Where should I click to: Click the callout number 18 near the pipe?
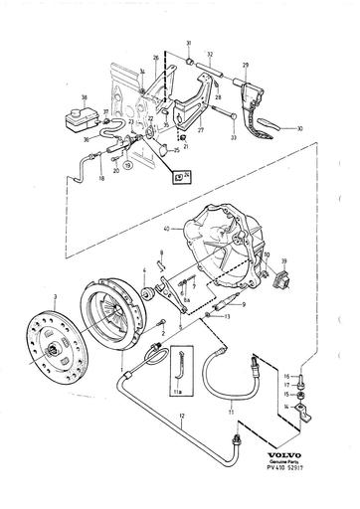click(101, 179)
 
